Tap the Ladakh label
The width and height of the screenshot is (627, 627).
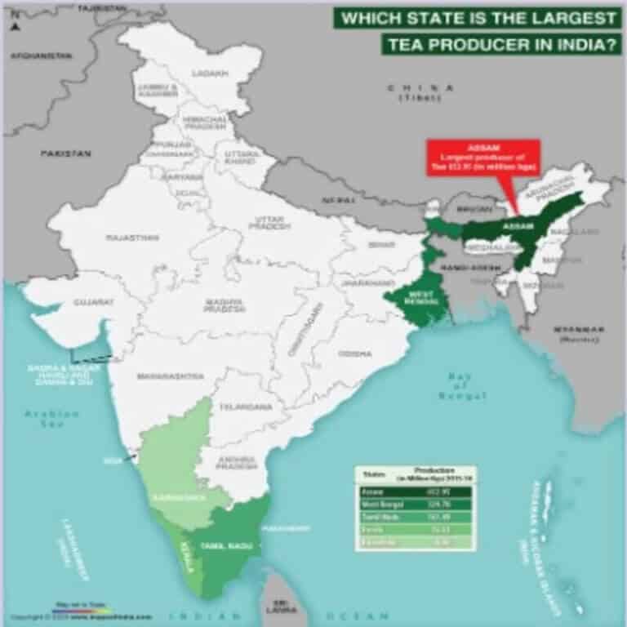click(205, 73)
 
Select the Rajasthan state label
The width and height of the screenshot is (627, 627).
click(131, 238)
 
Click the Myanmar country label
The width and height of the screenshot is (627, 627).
click(578, 331)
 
